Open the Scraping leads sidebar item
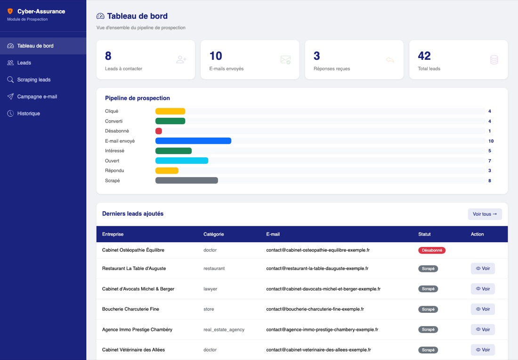tap(34, 80)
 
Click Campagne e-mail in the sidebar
tap(37, 97)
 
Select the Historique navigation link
tap(28, 114)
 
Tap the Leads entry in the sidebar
tap(24, 63)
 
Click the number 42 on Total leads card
tap(424, 56)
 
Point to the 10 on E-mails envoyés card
tap(216, 56)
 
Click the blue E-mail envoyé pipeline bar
tap(193, 141)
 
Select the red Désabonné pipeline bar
tap(159, 131)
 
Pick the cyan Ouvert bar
tap(182, 161)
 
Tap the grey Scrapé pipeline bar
tap(186, 180)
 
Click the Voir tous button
tap(485, 214)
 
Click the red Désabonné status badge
tap(432, 250)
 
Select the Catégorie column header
tap(213, 234)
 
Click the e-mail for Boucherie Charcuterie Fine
tap(315, 309)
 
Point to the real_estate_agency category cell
tap(224, 329)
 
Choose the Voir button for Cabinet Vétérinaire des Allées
tap(483, 350)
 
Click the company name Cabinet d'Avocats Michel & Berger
tap(138, 289)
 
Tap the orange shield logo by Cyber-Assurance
tap(10, 11)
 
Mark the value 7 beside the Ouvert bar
tap(490, 161)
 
